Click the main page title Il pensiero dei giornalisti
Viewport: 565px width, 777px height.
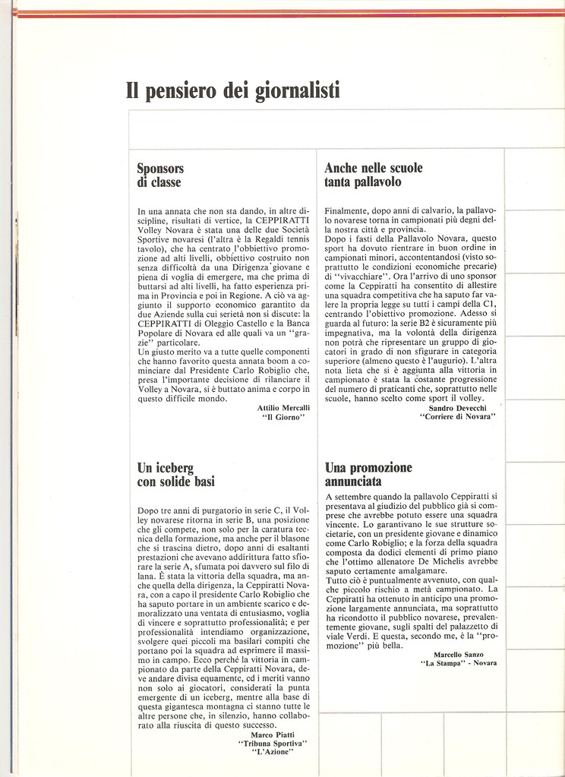pos(232,91)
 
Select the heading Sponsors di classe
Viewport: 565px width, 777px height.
pos(160,175)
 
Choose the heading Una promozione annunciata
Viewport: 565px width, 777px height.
pos(368,474)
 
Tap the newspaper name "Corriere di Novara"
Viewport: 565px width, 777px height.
pos(457,417)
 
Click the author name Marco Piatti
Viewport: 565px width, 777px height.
pos(273,734)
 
